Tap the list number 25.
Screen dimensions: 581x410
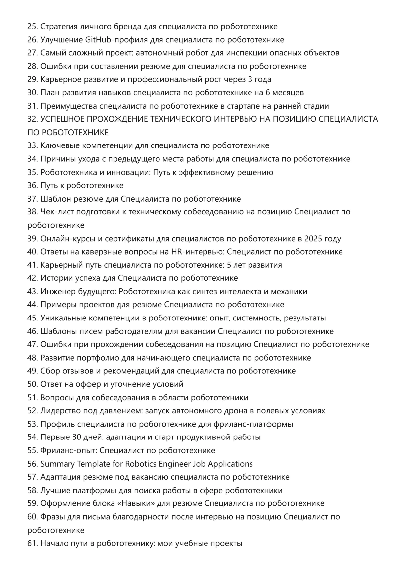tap(33, 27)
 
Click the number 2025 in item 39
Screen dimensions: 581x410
tap(313, 239)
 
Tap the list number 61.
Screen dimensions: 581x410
tap(33, 544)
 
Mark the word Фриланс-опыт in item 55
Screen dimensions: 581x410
tap(68, 451)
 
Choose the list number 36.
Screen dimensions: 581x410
tap(33, 186)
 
